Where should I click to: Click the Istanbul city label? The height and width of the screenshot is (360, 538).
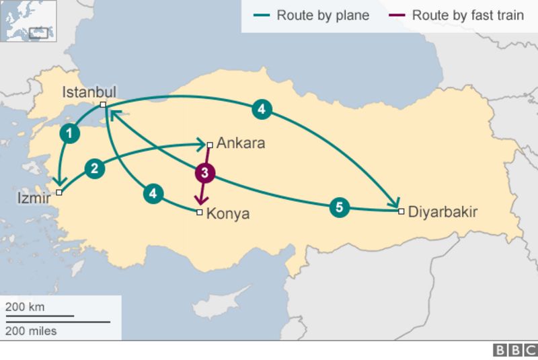point(89,92)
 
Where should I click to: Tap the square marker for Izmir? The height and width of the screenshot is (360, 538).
point(59,192)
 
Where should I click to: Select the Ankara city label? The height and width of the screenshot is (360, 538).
point(241,143)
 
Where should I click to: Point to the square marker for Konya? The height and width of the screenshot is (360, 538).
point(199,213)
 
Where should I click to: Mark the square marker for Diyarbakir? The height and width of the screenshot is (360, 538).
point(401,211)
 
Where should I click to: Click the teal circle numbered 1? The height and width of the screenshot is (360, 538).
point(69,133)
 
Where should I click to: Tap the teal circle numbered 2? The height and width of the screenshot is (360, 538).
point(95,168)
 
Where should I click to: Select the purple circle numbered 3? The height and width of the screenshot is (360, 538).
point(204,173)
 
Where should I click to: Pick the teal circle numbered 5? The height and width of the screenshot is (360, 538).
point(340,208)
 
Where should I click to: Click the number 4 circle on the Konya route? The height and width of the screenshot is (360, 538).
point(154,193)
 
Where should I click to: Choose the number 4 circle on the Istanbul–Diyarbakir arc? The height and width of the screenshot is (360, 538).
point(262,108)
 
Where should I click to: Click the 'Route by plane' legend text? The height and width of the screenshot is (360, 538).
point(323,15)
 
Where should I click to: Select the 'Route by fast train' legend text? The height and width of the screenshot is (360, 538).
point(467,15)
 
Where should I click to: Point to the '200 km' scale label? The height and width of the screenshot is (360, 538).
point(25,307)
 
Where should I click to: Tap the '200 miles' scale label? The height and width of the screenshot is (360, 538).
point(31,330)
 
